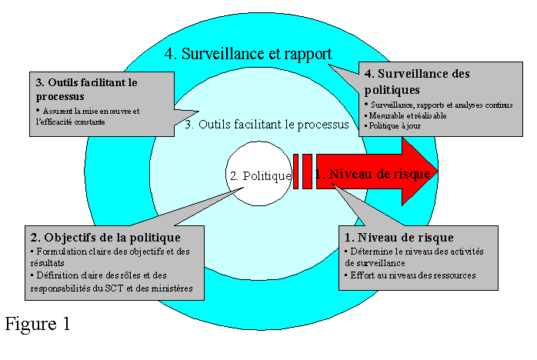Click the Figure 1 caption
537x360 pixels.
pos(38,323)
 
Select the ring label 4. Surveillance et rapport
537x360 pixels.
pos(248,54)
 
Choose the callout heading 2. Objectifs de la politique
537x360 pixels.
pos(105,237)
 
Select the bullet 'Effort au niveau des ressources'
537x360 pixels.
pos(412,275)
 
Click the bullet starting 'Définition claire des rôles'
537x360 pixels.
pos(112,282)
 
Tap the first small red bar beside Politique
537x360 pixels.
pos(295,171)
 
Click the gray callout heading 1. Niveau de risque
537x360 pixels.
pos(399,237)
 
